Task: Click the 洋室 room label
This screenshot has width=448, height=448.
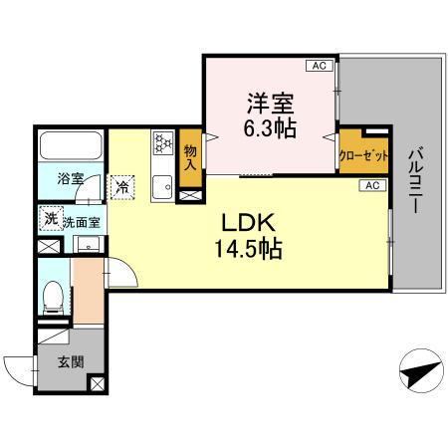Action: (x=267, y=102)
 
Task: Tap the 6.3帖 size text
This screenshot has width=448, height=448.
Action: (x=267, y=126)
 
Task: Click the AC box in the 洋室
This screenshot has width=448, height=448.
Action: (x=319, y=67)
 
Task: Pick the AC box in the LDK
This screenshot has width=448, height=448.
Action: (x=370, y=185)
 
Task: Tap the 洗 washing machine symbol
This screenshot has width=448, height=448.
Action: (x=49, y=219)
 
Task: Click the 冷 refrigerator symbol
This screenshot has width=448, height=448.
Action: (x=122, y=185)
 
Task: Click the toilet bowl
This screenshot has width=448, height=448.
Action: (x=55, y=296)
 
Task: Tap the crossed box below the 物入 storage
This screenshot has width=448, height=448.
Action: (x=189, y=196)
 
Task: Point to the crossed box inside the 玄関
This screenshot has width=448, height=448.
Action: (x=97, y=382)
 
